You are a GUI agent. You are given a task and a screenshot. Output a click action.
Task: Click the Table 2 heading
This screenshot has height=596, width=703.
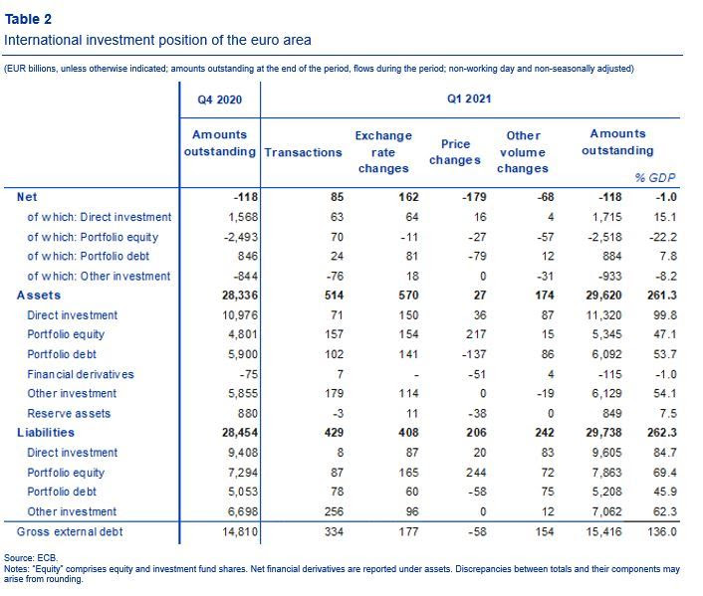[x=28, y=19]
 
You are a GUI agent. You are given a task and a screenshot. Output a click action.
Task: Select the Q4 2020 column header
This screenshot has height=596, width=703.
[x=220, y=99]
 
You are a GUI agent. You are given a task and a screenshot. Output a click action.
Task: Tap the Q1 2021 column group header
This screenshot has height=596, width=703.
[x=469, y=99]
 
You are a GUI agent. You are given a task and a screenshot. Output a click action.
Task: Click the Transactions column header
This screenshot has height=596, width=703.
[x=303, y=152]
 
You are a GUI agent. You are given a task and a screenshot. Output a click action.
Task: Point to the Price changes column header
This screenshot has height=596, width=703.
[x=455, y=152]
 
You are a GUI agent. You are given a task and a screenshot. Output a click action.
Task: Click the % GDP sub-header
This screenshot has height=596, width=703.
[x=655, y=178]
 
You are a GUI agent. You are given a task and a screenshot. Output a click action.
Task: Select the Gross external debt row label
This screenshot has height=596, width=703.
[x=70, y=532]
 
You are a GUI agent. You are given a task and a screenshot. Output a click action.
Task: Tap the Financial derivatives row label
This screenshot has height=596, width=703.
[x=81, y=374]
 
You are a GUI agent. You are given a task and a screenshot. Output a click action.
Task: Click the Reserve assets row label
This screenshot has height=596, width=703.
[x=69, y=413]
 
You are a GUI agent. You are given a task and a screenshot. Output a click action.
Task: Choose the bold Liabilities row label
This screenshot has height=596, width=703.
[x=46, y=433]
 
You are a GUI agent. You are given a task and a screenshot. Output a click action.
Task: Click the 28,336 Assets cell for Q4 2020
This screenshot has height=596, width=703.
[x=240, y=296]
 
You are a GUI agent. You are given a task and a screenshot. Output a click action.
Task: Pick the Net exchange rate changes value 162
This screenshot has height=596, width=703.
[x=408, y=197]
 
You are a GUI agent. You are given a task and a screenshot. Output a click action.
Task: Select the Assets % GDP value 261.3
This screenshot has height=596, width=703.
[x=662, y=296]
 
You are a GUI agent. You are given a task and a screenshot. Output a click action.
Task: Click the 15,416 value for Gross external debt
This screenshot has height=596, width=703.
[x=603, y=532]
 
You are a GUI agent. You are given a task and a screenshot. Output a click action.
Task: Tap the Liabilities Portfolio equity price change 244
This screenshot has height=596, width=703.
[x=476, y=473]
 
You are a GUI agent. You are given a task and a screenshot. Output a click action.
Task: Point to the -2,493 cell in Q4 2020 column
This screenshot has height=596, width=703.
[x=241, y=237]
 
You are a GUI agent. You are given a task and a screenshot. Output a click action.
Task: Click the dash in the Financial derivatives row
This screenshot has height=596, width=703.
[x=416, y=375]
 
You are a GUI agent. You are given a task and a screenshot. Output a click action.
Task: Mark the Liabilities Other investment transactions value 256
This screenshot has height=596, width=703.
[x=334, y=511]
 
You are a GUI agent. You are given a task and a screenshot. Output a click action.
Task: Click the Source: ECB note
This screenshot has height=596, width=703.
[x=31, y=558]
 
